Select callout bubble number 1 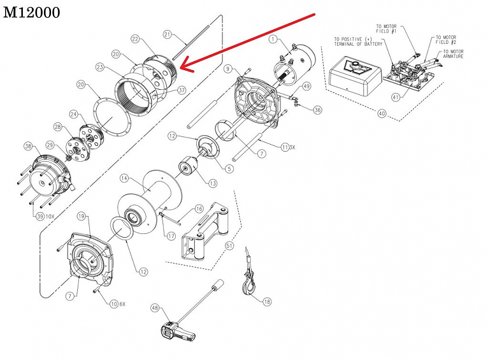[273, 40]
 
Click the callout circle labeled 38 [27, 146]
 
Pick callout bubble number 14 [125, 177]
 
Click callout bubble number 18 [267, 301]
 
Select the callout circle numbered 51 [229, 245]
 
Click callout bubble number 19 [82, 217]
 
